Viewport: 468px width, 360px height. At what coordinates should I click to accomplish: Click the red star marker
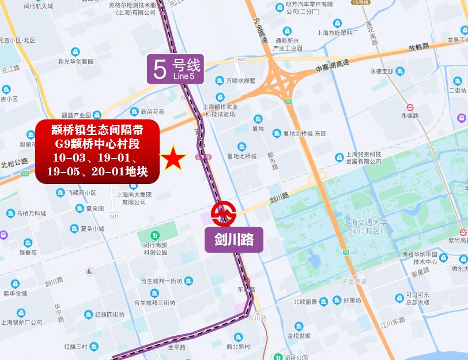click(173, 159)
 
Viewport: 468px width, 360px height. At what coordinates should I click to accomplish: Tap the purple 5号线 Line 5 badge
click(175, 69)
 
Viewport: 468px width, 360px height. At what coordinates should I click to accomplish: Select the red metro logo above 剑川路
click(223, 213)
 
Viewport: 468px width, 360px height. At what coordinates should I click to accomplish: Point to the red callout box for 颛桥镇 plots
click(97, 151)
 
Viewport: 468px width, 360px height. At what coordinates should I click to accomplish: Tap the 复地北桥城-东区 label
click(304, 133)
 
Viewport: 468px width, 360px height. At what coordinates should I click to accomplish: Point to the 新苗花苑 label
click(152, 111)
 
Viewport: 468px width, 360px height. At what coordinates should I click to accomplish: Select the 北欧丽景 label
click(305, 301)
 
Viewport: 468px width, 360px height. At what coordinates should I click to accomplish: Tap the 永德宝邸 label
click(382, 72)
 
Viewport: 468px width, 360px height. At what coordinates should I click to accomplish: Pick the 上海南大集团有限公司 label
click(134, 198)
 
